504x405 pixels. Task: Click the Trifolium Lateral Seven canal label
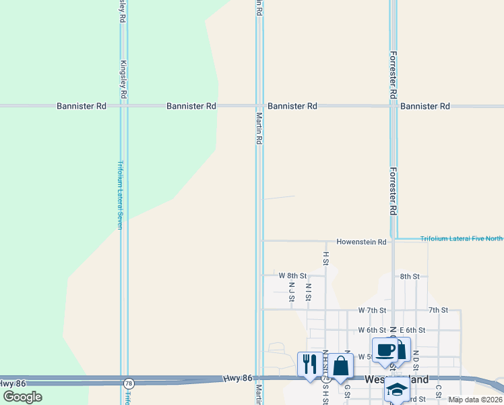coord(121,194)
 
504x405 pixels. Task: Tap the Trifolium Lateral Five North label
coord(461,238)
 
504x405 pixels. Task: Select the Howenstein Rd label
coord(361,242)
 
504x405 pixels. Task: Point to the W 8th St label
coord(292,276)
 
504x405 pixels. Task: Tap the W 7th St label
coord(371,310)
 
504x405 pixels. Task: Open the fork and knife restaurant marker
coord(309,364)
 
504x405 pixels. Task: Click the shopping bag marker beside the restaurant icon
coord(342,367)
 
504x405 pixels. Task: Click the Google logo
coord(22,397)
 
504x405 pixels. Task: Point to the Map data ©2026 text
coord(475,399)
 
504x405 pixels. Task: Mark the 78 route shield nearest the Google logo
coord(129,383)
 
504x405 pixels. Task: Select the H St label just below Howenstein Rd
coord(325,258)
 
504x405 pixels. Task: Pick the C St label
coord(438,391)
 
